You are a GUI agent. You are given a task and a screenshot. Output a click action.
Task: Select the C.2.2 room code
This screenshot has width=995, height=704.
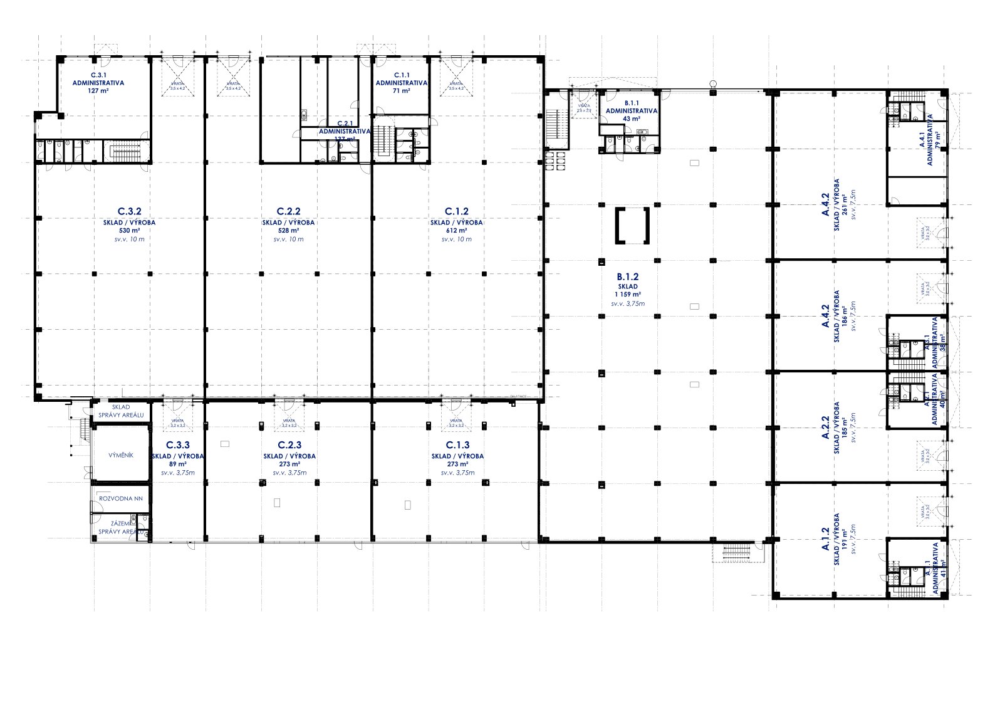pyautogui.click(x=289, y=212)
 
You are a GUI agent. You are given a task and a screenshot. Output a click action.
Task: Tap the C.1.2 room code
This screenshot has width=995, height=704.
pyautogui.click(x=456, y=212)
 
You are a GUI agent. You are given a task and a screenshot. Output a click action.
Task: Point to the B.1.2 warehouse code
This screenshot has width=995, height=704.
pyautogui.click(x=628, y=276)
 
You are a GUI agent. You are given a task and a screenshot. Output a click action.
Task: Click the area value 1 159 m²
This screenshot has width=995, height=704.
pyautogui.click(x=628, y=294)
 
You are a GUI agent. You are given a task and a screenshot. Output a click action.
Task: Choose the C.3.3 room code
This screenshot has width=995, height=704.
pyautogui.click(x=178, y=445)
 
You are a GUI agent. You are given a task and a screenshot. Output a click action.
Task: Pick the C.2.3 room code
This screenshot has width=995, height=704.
pyautogui.click(x=289, y=445)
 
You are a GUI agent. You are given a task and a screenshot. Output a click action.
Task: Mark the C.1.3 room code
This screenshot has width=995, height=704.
pyautogui.click(x=457, y=445)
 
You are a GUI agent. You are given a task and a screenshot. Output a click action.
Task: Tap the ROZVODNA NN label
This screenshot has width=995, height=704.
pyautogui.click(x=121, y=498)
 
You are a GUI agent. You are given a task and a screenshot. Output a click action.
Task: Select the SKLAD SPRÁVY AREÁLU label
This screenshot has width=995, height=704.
pyautogui.click(x=122, y=411)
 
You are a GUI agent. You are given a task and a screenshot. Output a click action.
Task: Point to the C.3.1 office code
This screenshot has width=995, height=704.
pyautogui.click(x=98, y=75)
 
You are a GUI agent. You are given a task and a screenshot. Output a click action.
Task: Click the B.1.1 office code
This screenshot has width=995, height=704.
pyautogui.click(x=631, y=103)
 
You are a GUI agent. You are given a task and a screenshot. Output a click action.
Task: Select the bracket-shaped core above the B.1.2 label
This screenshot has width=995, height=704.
pyautogui.click(x=632, y=225)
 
